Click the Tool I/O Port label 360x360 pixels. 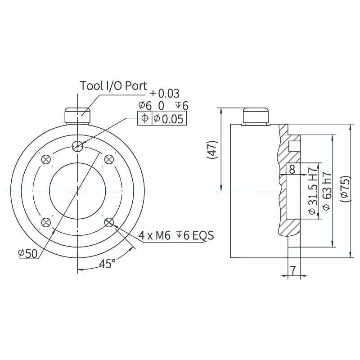113,86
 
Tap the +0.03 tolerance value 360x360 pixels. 165,94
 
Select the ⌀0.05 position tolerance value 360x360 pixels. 168,119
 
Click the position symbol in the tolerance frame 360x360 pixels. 144,118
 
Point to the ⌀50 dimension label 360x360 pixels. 28,253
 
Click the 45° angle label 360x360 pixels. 108,264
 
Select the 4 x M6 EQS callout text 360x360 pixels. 176,235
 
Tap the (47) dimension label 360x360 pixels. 211,149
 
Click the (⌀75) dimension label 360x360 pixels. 345,189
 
